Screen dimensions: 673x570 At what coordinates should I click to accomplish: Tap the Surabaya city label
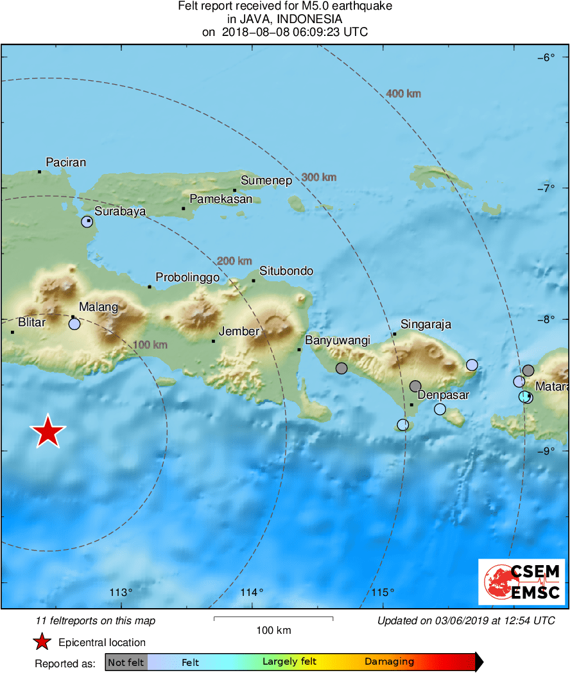(x=120, y=211)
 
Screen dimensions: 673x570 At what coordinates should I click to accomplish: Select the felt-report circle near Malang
(x=74, y=324)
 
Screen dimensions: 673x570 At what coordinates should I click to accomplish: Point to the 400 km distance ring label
(x=403, y=94)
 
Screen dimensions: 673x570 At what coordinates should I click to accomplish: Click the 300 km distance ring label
(x=319, y=177)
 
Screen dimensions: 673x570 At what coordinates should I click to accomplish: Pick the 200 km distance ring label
(x=234, y=261)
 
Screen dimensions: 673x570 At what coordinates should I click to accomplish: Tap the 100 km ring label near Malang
(x=150, y=345)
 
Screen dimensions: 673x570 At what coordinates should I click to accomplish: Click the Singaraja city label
(x=426, y=324)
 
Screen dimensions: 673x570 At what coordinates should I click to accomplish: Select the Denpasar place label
(x=443, y=395)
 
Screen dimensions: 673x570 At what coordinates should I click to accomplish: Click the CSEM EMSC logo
(x=522, y=582)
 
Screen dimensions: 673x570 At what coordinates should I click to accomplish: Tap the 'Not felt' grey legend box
(x=126, y=662)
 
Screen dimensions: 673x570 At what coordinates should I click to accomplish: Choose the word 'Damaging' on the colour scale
(x=389, y=662)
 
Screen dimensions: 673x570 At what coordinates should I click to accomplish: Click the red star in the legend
(x=42, y=642)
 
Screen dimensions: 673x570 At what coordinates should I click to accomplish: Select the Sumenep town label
(x=266, y=181)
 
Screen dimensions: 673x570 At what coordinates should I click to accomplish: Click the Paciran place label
(x=66, y=162)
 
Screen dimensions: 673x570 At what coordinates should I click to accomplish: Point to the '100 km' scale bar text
(x=273, y=630)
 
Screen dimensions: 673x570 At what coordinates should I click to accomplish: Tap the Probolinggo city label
(x=187, y=278)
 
